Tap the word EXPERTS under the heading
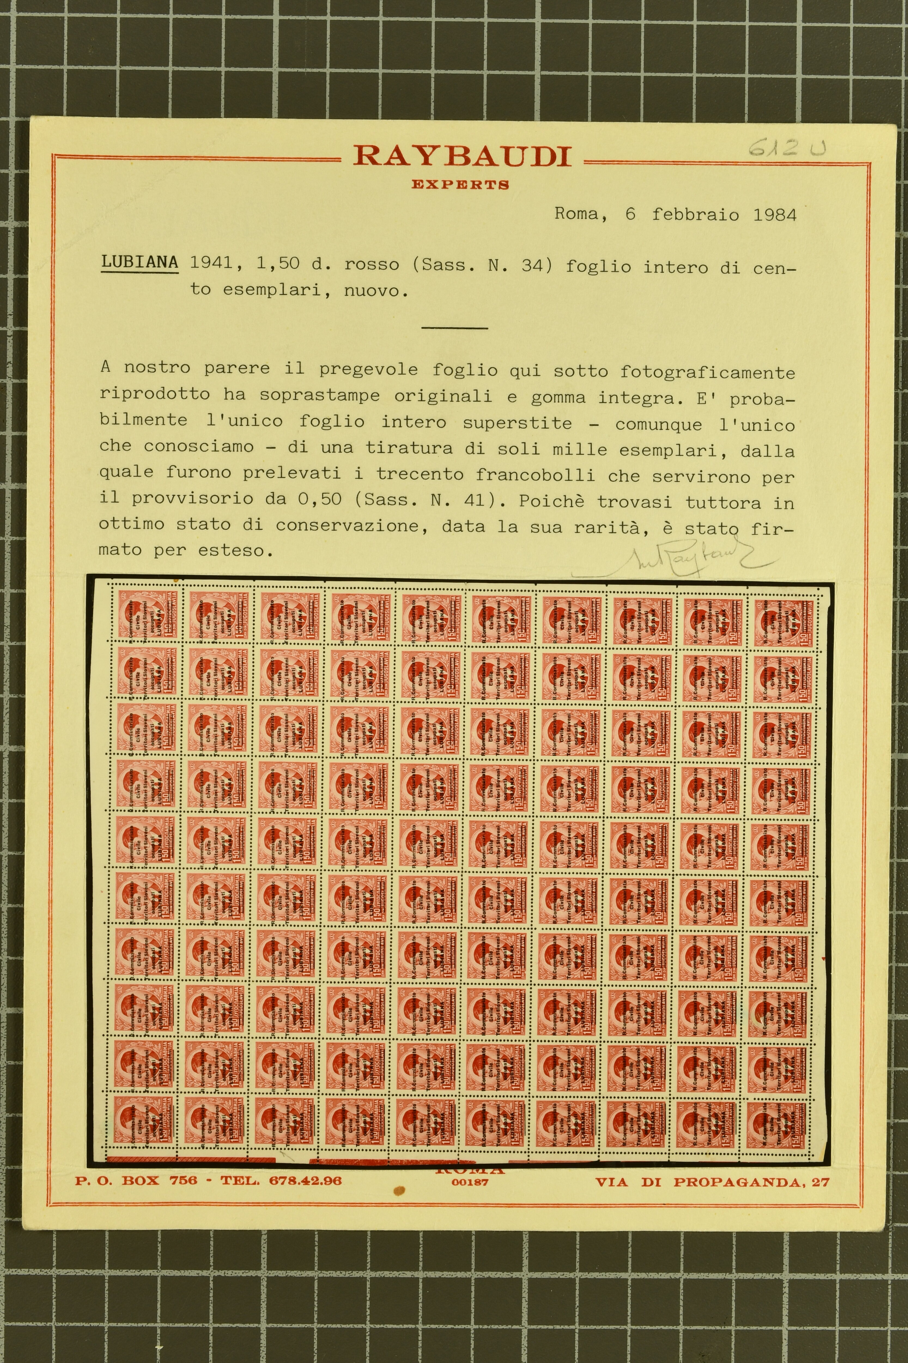460,185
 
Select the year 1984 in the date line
774,215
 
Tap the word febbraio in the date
695,215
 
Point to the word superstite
517,423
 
